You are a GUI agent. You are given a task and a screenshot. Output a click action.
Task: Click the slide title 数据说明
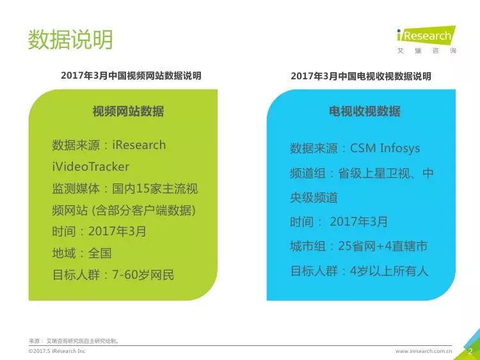[70, 40]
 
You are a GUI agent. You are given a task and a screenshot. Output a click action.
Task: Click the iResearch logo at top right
[426, 40]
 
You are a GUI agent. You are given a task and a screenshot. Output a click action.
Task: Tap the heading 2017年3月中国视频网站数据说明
[131, 75]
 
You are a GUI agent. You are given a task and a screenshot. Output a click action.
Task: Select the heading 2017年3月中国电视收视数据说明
[361, 76]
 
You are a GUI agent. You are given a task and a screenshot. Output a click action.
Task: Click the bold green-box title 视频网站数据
[128, 111]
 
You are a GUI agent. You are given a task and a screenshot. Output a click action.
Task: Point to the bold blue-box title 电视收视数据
[365, 111]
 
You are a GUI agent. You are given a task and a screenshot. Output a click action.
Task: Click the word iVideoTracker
[91, 167]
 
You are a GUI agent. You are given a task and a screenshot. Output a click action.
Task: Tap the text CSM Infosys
[385, 148]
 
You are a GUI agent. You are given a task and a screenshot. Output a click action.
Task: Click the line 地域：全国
[82, 253]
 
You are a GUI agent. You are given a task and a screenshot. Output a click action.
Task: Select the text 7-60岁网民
[143, 275]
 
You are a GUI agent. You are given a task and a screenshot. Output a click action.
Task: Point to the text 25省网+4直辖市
[383, 246]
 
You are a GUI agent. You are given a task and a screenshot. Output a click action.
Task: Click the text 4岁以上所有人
[388, 271]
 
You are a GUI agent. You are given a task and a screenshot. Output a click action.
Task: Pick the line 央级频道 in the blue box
[314, 198]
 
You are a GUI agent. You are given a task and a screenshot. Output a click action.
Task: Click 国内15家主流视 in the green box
[155, 189]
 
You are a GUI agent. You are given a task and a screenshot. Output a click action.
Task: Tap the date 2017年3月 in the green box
[117, 231]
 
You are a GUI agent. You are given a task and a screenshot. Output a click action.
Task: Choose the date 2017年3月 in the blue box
[358, 222]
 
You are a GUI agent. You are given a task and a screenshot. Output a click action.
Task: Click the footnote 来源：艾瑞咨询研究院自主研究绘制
[74, 341]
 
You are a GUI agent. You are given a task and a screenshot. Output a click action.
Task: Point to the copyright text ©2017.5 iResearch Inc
[57, 351]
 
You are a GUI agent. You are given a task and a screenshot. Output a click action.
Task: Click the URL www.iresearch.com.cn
[424, 351]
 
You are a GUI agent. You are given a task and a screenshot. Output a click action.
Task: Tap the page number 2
[470, 352]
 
